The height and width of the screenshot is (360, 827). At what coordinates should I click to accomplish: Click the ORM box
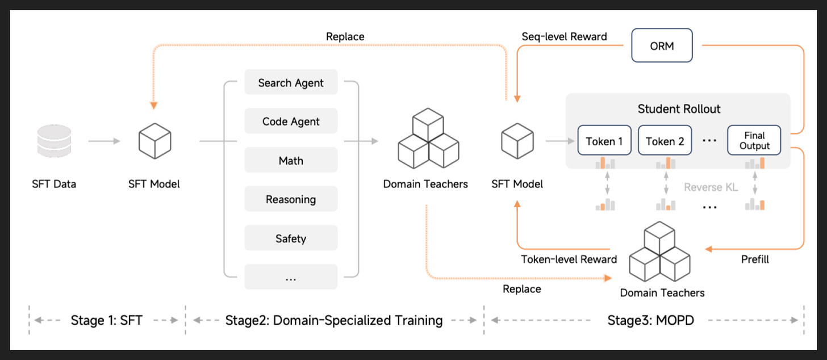[662, 45]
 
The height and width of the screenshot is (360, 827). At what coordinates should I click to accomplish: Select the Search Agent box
[291, 82]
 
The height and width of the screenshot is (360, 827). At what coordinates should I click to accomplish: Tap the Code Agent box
[291, 121]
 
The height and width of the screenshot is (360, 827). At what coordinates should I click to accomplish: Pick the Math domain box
[291, 160]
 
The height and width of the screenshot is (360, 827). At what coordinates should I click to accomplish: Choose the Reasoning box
[291, 199]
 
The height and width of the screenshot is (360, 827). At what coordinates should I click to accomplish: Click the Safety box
[291, 238]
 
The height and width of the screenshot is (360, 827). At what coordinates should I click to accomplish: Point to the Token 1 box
[604, 141]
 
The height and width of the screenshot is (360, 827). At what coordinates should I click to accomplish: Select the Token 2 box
[665, 141]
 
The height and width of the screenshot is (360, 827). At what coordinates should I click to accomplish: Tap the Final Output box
[754, 141]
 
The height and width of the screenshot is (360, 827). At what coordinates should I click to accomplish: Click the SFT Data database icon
[54, 141]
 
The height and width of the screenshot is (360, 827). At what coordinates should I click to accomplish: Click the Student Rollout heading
[679, 109]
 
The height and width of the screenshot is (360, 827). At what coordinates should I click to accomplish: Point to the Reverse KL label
[711, 187]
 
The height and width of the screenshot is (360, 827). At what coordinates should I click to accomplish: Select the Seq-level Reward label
[564, 36]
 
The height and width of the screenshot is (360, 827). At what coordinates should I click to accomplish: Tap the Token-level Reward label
[569, 259]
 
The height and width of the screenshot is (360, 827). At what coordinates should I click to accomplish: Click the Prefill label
[755, 259]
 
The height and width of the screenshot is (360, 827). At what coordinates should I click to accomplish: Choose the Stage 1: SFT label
[106, 320]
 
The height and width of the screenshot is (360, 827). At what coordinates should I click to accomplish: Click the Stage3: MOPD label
[650, 320]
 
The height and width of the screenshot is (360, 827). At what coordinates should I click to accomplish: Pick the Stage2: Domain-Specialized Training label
[334, 320]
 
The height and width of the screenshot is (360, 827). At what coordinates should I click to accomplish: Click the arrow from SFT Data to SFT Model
[104, 141]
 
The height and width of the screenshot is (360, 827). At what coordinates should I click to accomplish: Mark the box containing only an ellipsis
[291, 277]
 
